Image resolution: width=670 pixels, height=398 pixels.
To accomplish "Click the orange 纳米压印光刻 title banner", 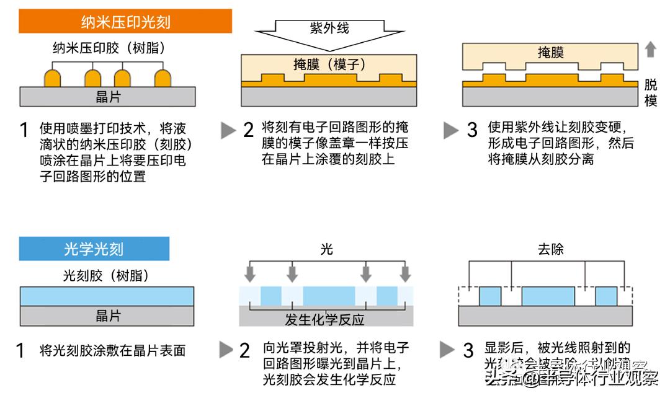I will [125, 22].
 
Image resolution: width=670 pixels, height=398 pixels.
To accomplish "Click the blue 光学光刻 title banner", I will [94, 249].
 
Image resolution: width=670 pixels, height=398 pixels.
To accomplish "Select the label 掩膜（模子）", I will [329, 64].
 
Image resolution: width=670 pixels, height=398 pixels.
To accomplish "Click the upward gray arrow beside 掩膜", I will [650, 50].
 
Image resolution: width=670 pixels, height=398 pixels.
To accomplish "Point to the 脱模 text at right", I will [651, 93].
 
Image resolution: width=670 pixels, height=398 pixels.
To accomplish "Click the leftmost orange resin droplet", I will [53, 78].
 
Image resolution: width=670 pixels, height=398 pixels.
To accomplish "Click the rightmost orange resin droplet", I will [163, 78].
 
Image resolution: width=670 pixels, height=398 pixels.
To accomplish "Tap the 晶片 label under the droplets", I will [108, 97].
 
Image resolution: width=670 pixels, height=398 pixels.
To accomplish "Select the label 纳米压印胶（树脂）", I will [109, 46].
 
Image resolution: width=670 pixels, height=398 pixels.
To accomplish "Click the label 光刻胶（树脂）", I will [106, 275].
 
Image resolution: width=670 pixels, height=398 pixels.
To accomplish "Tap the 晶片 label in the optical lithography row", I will [108, 316].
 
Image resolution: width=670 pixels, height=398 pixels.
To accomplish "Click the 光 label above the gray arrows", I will [327, 249].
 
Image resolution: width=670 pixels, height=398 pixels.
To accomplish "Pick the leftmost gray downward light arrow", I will [249, 273].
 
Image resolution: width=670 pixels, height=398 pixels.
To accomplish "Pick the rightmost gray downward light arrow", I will [406, 273].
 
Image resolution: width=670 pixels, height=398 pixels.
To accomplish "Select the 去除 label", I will [551, 249].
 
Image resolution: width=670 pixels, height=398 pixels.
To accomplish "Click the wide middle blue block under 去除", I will [548, 296].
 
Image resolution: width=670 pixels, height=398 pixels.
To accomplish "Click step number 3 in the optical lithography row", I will [468, 350].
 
